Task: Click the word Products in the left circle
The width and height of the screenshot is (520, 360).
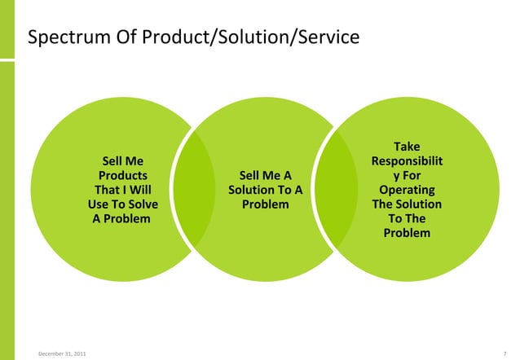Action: [123, 175]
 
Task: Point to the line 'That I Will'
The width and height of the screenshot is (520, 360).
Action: [123, 190]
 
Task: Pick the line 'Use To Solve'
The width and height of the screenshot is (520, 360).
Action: [123, 204]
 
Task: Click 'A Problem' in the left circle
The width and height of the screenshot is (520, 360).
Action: [121, 219]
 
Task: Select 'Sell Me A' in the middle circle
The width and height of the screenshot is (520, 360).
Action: [265, 175]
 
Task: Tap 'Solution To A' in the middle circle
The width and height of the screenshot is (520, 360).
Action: [265, 190]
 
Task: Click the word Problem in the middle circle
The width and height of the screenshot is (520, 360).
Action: [265, 204]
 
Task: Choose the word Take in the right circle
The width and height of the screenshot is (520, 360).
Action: [407, 147]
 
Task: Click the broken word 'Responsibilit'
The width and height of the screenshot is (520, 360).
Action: [407, 161]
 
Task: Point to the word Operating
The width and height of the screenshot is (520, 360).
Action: [407, 190]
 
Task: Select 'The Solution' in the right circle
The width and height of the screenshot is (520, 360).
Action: [407, 204]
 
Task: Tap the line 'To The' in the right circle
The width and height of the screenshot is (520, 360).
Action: [407, 219]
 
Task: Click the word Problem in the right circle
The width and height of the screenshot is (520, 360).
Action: [407, 234]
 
